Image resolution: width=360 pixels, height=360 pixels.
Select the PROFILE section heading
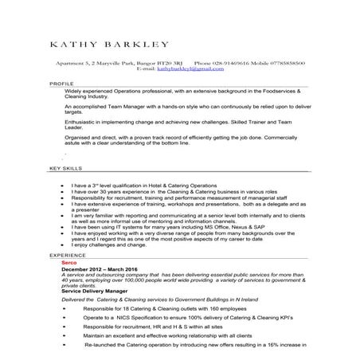click(61, 83)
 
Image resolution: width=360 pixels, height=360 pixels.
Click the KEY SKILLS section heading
click(65, 170)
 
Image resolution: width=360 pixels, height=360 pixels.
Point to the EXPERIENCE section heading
click(68, 255)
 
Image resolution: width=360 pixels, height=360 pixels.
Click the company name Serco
click(69, 262)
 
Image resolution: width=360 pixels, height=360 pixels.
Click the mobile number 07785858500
click(285, 62)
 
